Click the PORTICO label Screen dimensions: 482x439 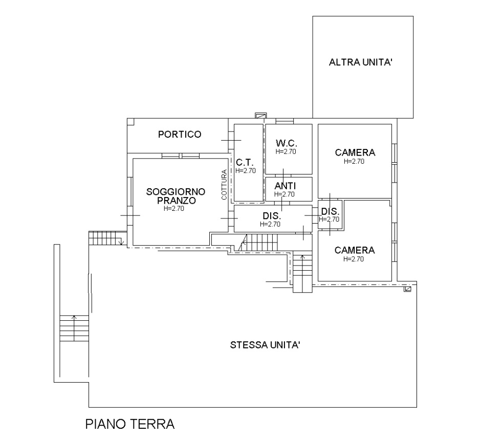[180, 135]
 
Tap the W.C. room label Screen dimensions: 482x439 [287, 143]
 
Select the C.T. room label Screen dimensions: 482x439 [245, 162]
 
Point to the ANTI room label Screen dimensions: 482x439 [285, 186]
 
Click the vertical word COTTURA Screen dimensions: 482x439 [224, 185]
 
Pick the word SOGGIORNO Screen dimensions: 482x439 [176, 192]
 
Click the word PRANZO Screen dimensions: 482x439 [177, 201]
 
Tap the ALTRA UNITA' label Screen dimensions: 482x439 [361, 62]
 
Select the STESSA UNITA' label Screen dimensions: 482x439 [265, 345]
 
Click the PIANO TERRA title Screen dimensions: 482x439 [130, 424]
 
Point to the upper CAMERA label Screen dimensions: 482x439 [355, 152]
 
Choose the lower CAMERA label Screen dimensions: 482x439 [355, 250]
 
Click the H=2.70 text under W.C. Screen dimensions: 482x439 [286, 151]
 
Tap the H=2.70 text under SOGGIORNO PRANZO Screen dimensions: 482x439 [173, 208]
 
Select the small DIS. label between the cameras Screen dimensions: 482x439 [330, 211]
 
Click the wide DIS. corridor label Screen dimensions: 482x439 [272, 215]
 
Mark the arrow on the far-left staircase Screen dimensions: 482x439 [74, 327]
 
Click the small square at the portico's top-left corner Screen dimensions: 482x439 [130, 121]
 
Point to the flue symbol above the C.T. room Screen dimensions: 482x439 [260, 116]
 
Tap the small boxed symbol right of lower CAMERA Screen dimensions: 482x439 [408, 289]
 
